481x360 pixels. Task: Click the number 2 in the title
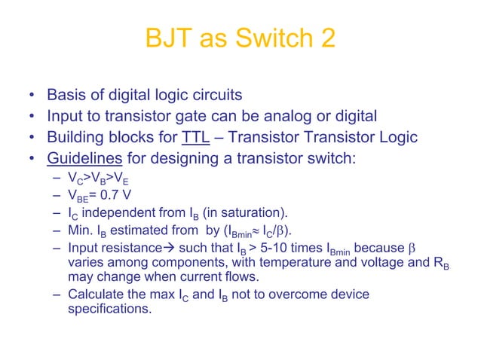click(x=327, y=38)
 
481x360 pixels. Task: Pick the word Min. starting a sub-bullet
click(x=81, y=230)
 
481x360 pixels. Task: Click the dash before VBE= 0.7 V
click(x=58, y=196)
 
